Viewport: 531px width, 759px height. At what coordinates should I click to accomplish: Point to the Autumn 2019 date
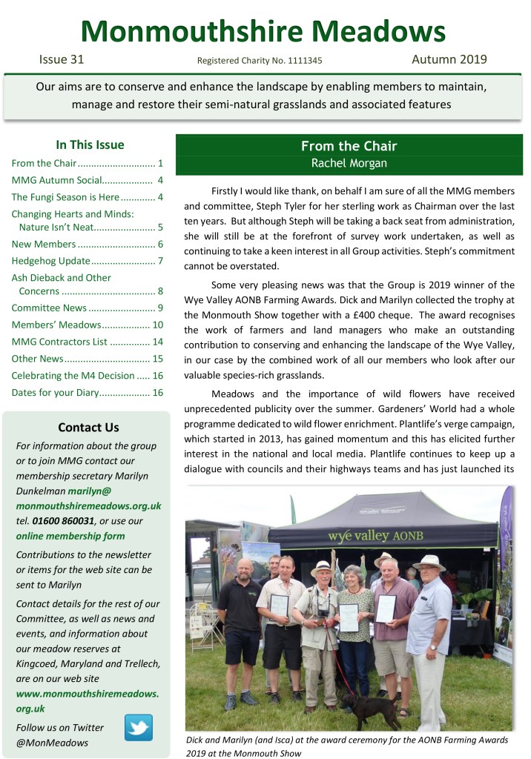click(449, 59)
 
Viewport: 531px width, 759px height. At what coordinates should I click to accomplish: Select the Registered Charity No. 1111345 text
click(260, 62)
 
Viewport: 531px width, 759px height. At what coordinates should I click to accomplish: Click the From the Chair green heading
click(349, 146)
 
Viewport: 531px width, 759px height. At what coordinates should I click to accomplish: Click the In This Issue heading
click(90, 145)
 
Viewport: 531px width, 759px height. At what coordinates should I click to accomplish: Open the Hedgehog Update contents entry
click(51, 261)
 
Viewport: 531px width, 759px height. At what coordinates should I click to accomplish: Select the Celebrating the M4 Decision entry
click(73, 376)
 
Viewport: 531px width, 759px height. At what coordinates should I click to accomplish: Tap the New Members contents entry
click(44, 244)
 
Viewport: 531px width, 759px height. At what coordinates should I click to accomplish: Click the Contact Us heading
click(88, 427)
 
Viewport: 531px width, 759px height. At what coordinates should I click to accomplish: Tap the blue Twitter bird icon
click(138, 727)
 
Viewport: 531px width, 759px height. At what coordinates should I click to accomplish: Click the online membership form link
click(70, 536)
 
